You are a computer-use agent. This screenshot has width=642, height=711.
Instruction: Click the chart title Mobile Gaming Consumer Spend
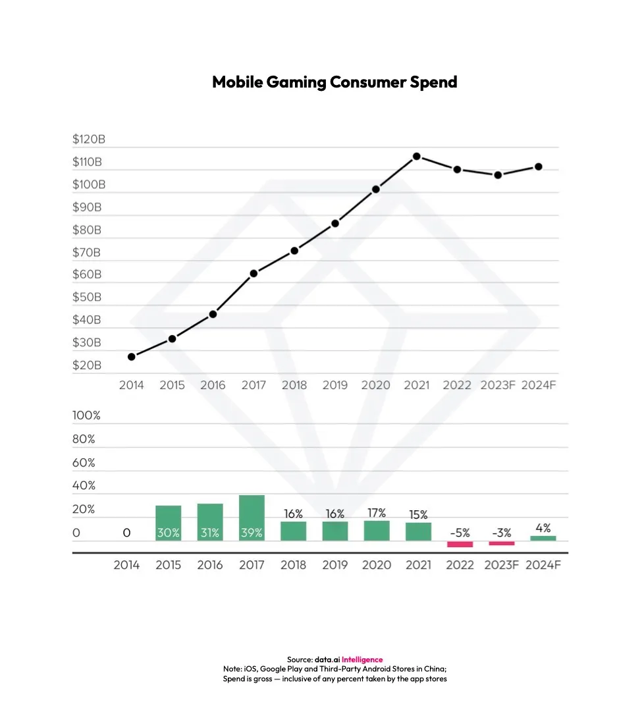coord(334,82)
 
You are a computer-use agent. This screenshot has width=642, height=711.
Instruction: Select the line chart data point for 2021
coord(417,157)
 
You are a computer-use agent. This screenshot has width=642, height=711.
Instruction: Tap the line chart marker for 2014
coord(132,357)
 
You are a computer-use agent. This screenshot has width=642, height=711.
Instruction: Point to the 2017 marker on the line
coord(254,273)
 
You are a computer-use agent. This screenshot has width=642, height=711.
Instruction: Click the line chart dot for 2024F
coord(538,167)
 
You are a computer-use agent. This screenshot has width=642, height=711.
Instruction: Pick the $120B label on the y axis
coord(88,140)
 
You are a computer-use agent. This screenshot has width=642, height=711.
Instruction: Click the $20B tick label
coord(87,365)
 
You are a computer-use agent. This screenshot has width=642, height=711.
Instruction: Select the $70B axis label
coord(87,252)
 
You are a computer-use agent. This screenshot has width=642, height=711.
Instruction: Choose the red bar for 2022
coord(460,544)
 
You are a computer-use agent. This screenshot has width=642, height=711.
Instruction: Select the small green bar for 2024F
coord(543,538)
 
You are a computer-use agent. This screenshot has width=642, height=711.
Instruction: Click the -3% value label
coord(502,533)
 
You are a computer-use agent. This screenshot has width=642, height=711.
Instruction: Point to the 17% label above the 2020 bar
coord(377,513)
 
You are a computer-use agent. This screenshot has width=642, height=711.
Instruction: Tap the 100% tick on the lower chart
coord(86,416)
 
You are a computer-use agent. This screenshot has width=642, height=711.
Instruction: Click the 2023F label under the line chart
coord(497,385)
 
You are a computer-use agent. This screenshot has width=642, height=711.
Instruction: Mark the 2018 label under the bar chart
coord(294,565)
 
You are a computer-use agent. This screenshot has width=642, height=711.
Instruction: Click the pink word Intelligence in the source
coord(361,660)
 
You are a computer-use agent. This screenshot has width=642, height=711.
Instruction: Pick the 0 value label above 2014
coord(126,533)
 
